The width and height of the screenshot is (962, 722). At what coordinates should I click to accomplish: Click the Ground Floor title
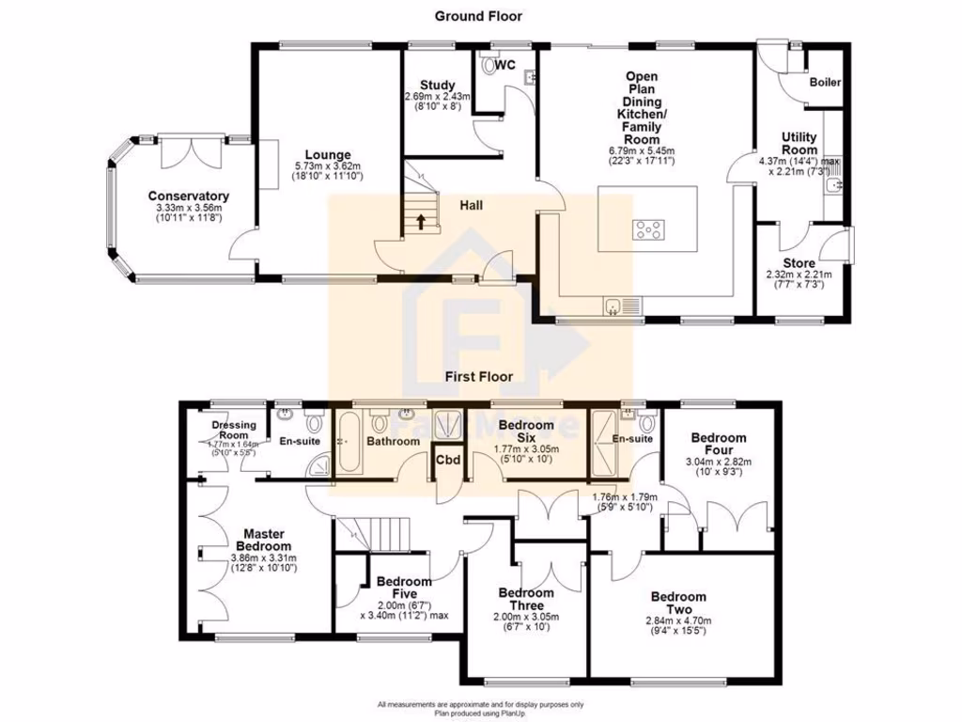point(478,16)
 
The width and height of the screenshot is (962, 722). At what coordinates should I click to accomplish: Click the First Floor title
point(478,376)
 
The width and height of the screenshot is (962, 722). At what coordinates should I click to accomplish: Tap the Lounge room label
point(327,155)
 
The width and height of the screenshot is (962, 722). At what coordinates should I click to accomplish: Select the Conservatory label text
point(188,196)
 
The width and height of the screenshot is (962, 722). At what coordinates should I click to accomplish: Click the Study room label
point(437,85)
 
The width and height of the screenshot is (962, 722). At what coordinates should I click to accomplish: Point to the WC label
point(504,65)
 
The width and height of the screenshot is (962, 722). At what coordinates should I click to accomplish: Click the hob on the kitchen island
point(647,228)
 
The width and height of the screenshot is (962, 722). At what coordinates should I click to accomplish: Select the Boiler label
point(825,82)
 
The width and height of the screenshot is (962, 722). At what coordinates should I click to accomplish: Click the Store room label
point(799,262)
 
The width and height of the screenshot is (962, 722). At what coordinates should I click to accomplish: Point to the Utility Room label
point(799,143)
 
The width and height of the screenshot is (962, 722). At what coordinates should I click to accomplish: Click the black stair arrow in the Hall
point(420,223)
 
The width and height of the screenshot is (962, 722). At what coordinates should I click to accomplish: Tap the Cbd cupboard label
point(445,460)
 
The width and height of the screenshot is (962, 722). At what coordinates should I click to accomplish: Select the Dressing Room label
point(233,430)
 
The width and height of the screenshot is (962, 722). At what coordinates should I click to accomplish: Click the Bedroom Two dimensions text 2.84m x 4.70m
point(678,620)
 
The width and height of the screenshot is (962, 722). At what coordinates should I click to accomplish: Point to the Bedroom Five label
point(404,588)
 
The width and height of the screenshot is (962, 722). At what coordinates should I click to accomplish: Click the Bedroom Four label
point(719,443)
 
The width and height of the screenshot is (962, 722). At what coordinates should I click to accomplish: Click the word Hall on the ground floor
point(472,204)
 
